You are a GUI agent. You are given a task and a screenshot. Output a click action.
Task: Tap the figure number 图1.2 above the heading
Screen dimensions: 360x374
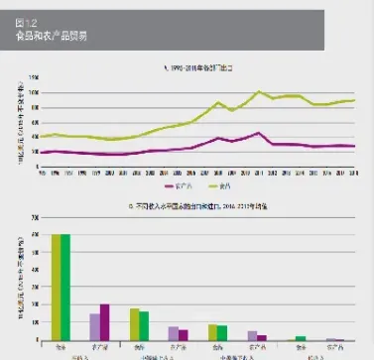27,23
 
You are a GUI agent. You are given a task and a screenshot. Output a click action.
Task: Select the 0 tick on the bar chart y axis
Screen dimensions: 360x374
37,341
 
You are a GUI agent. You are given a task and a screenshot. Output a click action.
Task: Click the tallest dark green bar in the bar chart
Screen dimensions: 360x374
65,288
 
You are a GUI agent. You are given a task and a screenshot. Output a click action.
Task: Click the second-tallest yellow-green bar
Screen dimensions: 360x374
134,325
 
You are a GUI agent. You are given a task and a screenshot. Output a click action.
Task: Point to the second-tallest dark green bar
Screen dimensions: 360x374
144,326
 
